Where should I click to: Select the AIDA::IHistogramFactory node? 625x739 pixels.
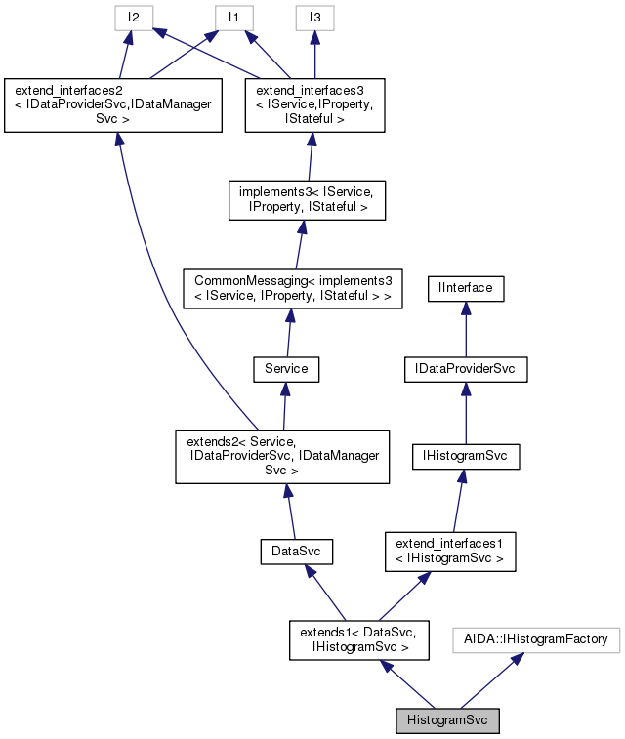(536, 639)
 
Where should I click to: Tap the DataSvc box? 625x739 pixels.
(297, 553)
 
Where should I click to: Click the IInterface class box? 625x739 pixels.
(466, 288)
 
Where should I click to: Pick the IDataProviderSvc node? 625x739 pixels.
(466, 370)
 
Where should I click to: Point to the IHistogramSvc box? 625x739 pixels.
(466, 455)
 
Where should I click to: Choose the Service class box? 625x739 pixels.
(286, 369)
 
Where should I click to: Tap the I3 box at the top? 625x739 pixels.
(314, 18)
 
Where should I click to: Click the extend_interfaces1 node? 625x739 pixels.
(449, 552)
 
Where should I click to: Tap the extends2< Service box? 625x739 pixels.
(282, 456)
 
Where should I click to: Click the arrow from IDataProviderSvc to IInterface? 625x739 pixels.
(466, 329)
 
